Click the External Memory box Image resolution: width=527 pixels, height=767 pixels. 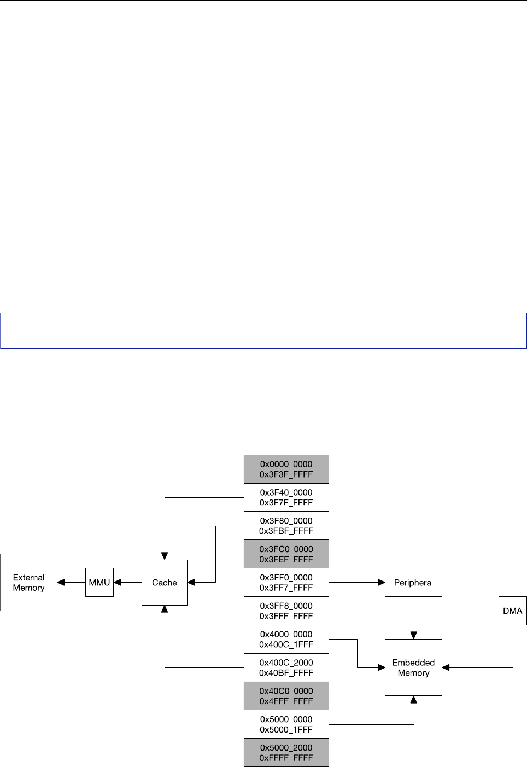click(28, 582)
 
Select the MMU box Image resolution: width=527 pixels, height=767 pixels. click(99, 582)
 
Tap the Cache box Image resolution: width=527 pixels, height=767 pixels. click(165, 582)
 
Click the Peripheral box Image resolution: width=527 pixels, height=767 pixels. click(413, 582)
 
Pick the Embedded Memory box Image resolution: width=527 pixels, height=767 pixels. click(413, 667)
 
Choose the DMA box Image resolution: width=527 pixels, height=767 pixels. click(512, 611)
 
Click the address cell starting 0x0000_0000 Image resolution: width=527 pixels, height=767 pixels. click(286, 469)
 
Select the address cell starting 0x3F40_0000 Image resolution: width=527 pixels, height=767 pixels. click(286, 497)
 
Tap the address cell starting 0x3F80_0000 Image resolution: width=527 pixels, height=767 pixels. click(286, 526)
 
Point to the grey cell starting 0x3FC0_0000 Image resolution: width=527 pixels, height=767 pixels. click(286, 554)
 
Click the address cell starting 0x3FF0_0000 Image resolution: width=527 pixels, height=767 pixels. click(286, 583)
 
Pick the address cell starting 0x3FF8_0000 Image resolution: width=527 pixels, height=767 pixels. click(286, 611)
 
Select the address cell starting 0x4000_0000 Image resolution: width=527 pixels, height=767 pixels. click(286, 639)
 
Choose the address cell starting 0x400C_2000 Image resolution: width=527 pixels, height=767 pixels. click(286, 667)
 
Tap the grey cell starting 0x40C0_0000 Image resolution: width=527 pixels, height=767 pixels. click(286, 696)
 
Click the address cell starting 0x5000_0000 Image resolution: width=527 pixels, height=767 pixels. click(286, 724)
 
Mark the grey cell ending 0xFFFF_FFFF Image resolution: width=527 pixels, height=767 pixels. click(286, 753)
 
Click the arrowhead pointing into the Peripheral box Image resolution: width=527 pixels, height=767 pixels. click(382, 582)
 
